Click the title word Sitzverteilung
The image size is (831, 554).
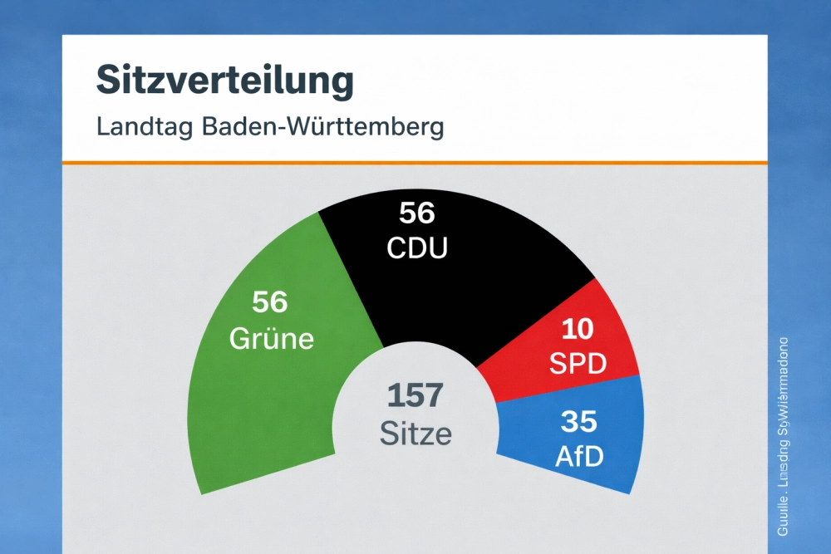tap(225, 81)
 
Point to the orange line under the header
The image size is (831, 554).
tap(415, 162)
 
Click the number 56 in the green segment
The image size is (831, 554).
tap(270, 302)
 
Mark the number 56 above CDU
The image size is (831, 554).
tap(417, 213)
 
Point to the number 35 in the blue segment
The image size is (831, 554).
tap(579, 421)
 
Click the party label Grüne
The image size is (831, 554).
tap(271, 338)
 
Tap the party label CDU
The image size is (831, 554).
tap(417, 248)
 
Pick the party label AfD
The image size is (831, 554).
tap(580, 455)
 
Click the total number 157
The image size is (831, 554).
tap(415, 396)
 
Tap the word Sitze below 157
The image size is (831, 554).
tap(415, 433)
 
